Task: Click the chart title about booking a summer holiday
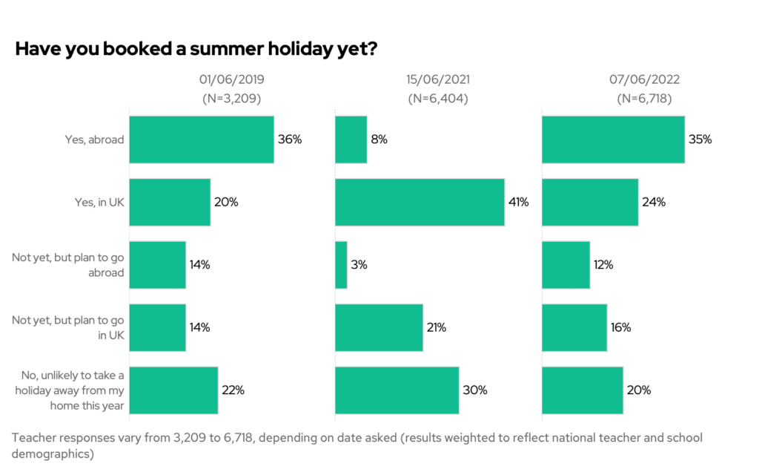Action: (x=197, y=49)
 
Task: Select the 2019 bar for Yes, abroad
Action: (x=202, y=139)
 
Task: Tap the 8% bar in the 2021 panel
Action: (x=351, y=139)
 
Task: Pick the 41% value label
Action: (x=518, y=202)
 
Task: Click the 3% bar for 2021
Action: (x=341, y=265)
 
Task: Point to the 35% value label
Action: (x=700, y=139)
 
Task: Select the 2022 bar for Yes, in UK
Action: (x=590, y=202)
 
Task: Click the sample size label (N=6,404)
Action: (x=437, y=98)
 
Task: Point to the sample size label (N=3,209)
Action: (x=231, y=98)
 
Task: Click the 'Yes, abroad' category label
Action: (x=94, y=139)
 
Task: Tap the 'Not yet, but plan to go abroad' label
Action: (x=68, y=265)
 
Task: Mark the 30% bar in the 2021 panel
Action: (x=397, y=390)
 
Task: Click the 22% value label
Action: (x=232, y=390)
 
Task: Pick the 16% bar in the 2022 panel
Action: (x=574, y=327)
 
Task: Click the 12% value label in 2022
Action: (x=604, y=265)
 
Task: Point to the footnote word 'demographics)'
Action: (x=52, y=454)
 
